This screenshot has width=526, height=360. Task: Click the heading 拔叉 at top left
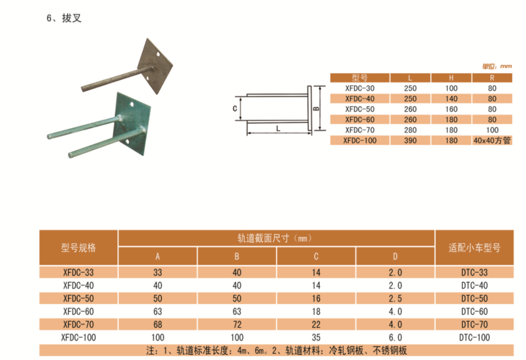(x=72, y=18)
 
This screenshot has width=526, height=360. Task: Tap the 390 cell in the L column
(x=410, y=140)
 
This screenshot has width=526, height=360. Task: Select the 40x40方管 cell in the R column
(x=492, y=140)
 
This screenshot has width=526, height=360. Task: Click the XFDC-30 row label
(x=360, y=88)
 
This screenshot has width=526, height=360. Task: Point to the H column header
(x=451, y=78)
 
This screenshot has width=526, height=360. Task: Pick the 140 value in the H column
(x=451, y=99)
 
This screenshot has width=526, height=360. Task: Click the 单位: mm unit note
(x=497, y=66)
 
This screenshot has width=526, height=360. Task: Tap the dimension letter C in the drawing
(x=235, y=109)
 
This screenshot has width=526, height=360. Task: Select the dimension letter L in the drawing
(x=278, y=129)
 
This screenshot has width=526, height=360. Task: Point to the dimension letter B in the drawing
(x=316, y=108)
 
